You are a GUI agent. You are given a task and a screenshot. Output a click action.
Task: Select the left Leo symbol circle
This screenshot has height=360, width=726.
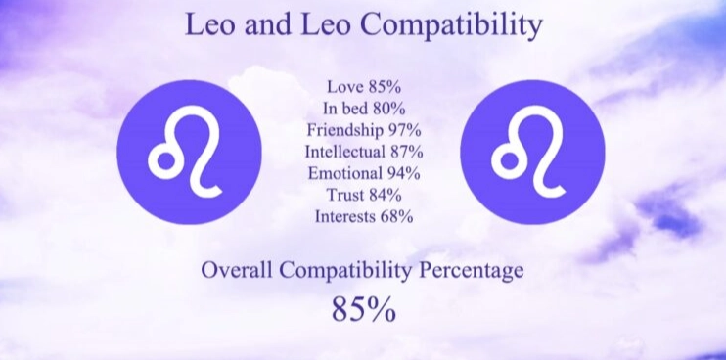point(189,153)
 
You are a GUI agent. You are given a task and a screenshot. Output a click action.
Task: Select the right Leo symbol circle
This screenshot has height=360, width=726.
point(531,153)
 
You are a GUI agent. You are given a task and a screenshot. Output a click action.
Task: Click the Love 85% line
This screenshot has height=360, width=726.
point(363,87)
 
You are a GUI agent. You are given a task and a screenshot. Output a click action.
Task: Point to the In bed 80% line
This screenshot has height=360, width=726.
point(363,109)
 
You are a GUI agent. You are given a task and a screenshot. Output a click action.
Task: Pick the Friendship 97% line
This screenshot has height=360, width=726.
point(363,130)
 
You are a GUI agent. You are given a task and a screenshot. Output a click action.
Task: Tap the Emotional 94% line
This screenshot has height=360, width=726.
point(363,173)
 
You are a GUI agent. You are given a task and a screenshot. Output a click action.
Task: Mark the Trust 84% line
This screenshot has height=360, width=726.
point(363,195)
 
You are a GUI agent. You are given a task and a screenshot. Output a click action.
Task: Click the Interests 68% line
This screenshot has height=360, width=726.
point(363,216)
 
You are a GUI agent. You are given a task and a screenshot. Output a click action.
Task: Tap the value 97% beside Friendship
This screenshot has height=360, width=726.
point(404,130)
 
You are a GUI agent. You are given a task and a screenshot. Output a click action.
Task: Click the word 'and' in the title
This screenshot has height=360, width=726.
point(278,24)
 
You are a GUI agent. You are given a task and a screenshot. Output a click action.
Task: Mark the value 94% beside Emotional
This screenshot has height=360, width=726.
point(403,173)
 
